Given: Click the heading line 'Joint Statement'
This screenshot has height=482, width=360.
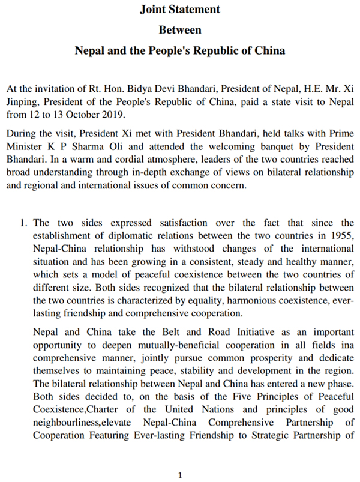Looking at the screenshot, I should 180,10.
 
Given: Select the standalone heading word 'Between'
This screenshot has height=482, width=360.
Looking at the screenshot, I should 180,29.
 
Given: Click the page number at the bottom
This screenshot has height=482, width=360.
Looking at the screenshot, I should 180,475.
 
